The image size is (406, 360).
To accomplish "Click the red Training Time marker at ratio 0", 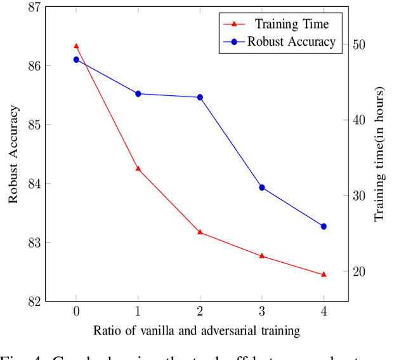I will click(76, 46).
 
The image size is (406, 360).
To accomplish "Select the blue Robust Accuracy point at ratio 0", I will click(76, 60).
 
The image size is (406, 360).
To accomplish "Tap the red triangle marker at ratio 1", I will click(138, 168).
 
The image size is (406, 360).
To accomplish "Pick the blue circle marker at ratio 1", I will click(138, 94).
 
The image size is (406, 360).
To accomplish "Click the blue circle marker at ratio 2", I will click(200, 97).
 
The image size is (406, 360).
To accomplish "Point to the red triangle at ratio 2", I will click(200, 232).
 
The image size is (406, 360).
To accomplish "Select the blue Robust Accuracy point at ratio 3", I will click(262, 187).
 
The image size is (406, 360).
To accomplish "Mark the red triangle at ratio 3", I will click(262, 256).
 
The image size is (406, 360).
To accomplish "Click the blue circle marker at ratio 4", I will click(324, 226).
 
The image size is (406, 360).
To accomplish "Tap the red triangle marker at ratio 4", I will click(324, 274).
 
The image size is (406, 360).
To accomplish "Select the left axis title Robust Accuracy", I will click(13, 154).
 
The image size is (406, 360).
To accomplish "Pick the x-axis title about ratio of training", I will click(196, 331).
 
